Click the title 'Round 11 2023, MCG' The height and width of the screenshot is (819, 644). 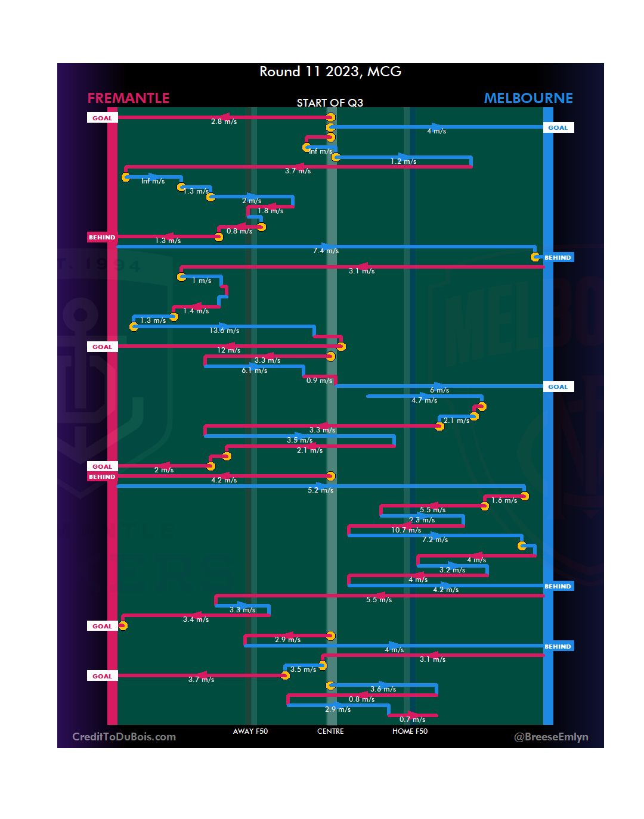point(330,72)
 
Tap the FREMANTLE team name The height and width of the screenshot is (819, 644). point(128,98)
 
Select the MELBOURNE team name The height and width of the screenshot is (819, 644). point(528,98)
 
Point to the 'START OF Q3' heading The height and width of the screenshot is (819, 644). point(330,103)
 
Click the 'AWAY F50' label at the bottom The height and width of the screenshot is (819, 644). point(250,731)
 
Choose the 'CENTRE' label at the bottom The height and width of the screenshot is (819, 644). point(330,731)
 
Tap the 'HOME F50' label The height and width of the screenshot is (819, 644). point(410,731)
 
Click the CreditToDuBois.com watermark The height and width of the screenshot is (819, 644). point(124,737)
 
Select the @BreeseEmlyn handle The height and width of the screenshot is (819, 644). point(551,737)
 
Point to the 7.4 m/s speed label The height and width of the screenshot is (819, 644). point(326,251)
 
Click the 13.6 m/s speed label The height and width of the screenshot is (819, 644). point(224,331)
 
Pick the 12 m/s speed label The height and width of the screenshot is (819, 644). point(229,350)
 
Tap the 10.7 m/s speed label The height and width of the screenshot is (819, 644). point(406,530)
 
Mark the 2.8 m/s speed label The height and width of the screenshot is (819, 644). point(224,122)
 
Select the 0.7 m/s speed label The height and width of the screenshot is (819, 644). point(412,720)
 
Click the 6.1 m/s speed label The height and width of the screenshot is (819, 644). point(254,370)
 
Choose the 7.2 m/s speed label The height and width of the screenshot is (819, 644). point(435,540)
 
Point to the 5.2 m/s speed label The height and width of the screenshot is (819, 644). point(320,490)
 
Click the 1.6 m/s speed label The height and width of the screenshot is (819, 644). point(504,500)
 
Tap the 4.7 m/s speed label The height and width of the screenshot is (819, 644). point(424,400)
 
